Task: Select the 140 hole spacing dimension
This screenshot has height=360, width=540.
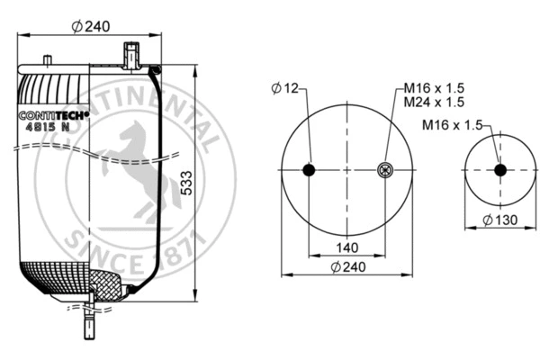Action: point(347,247)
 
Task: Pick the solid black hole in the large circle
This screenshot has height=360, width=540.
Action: point(309,170)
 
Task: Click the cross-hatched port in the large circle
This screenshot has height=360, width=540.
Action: point(385,170)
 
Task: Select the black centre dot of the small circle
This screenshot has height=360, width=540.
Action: point(499,170)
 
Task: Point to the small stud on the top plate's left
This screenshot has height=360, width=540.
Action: point(45,61)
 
